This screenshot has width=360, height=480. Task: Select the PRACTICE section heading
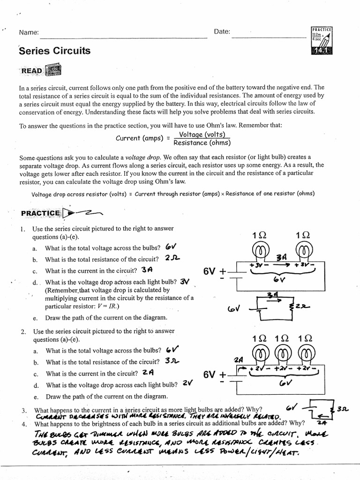(x=41, y=213)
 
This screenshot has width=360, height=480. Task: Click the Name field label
(x=29, y=32)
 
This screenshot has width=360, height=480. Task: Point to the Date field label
(x=222, y=32)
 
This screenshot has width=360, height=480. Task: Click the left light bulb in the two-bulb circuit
(x=260, y=253)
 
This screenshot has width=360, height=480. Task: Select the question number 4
(x=23, y=424)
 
